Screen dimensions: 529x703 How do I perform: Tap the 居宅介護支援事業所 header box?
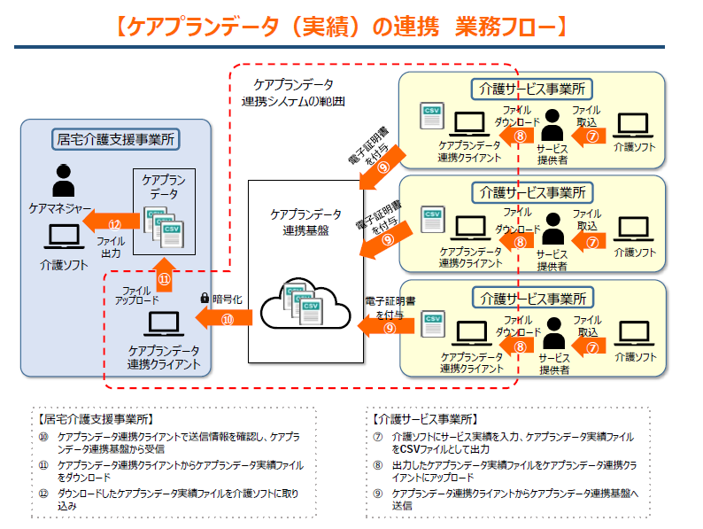[114, 138]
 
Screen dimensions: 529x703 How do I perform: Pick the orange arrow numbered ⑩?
[227, 318]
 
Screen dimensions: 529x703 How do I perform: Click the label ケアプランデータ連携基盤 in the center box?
[305, 222]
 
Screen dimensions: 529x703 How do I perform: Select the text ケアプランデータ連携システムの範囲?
[293, 92]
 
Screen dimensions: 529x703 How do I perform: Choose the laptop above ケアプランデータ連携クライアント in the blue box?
[163, 323]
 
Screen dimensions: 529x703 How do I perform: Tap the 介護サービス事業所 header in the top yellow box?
[531, 89]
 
